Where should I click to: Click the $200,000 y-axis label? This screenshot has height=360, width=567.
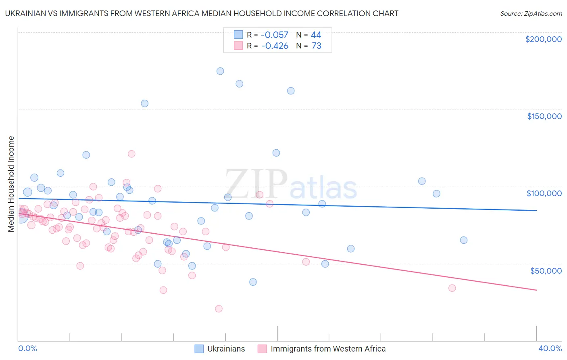point(543,39)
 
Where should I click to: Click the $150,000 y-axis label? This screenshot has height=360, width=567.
point(544,116)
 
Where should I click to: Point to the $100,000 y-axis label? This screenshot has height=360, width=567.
point(544,193)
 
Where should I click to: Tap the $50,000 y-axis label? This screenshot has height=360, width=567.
point(546,270)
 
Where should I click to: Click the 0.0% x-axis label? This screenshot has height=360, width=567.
point(27,349)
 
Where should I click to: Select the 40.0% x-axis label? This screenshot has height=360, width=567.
point(550,349)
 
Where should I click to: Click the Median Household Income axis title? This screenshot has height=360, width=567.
point(11,184)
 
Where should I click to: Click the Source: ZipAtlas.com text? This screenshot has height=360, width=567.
point(531,14)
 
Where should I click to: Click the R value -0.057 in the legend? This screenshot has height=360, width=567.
point(275,35)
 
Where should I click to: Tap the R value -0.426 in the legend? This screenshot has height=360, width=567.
point(275,46)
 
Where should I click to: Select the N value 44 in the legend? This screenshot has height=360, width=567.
point(316,35)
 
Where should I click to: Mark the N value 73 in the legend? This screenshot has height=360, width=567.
point(316,46)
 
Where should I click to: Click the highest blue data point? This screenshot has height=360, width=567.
point(220,71)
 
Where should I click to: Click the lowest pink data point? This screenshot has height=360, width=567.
point(219,309)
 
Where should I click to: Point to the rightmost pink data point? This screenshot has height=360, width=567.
point(452,288)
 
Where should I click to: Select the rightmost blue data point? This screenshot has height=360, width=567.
point(464,240)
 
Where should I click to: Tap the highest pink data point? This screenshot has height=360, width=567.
point(131,154)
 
